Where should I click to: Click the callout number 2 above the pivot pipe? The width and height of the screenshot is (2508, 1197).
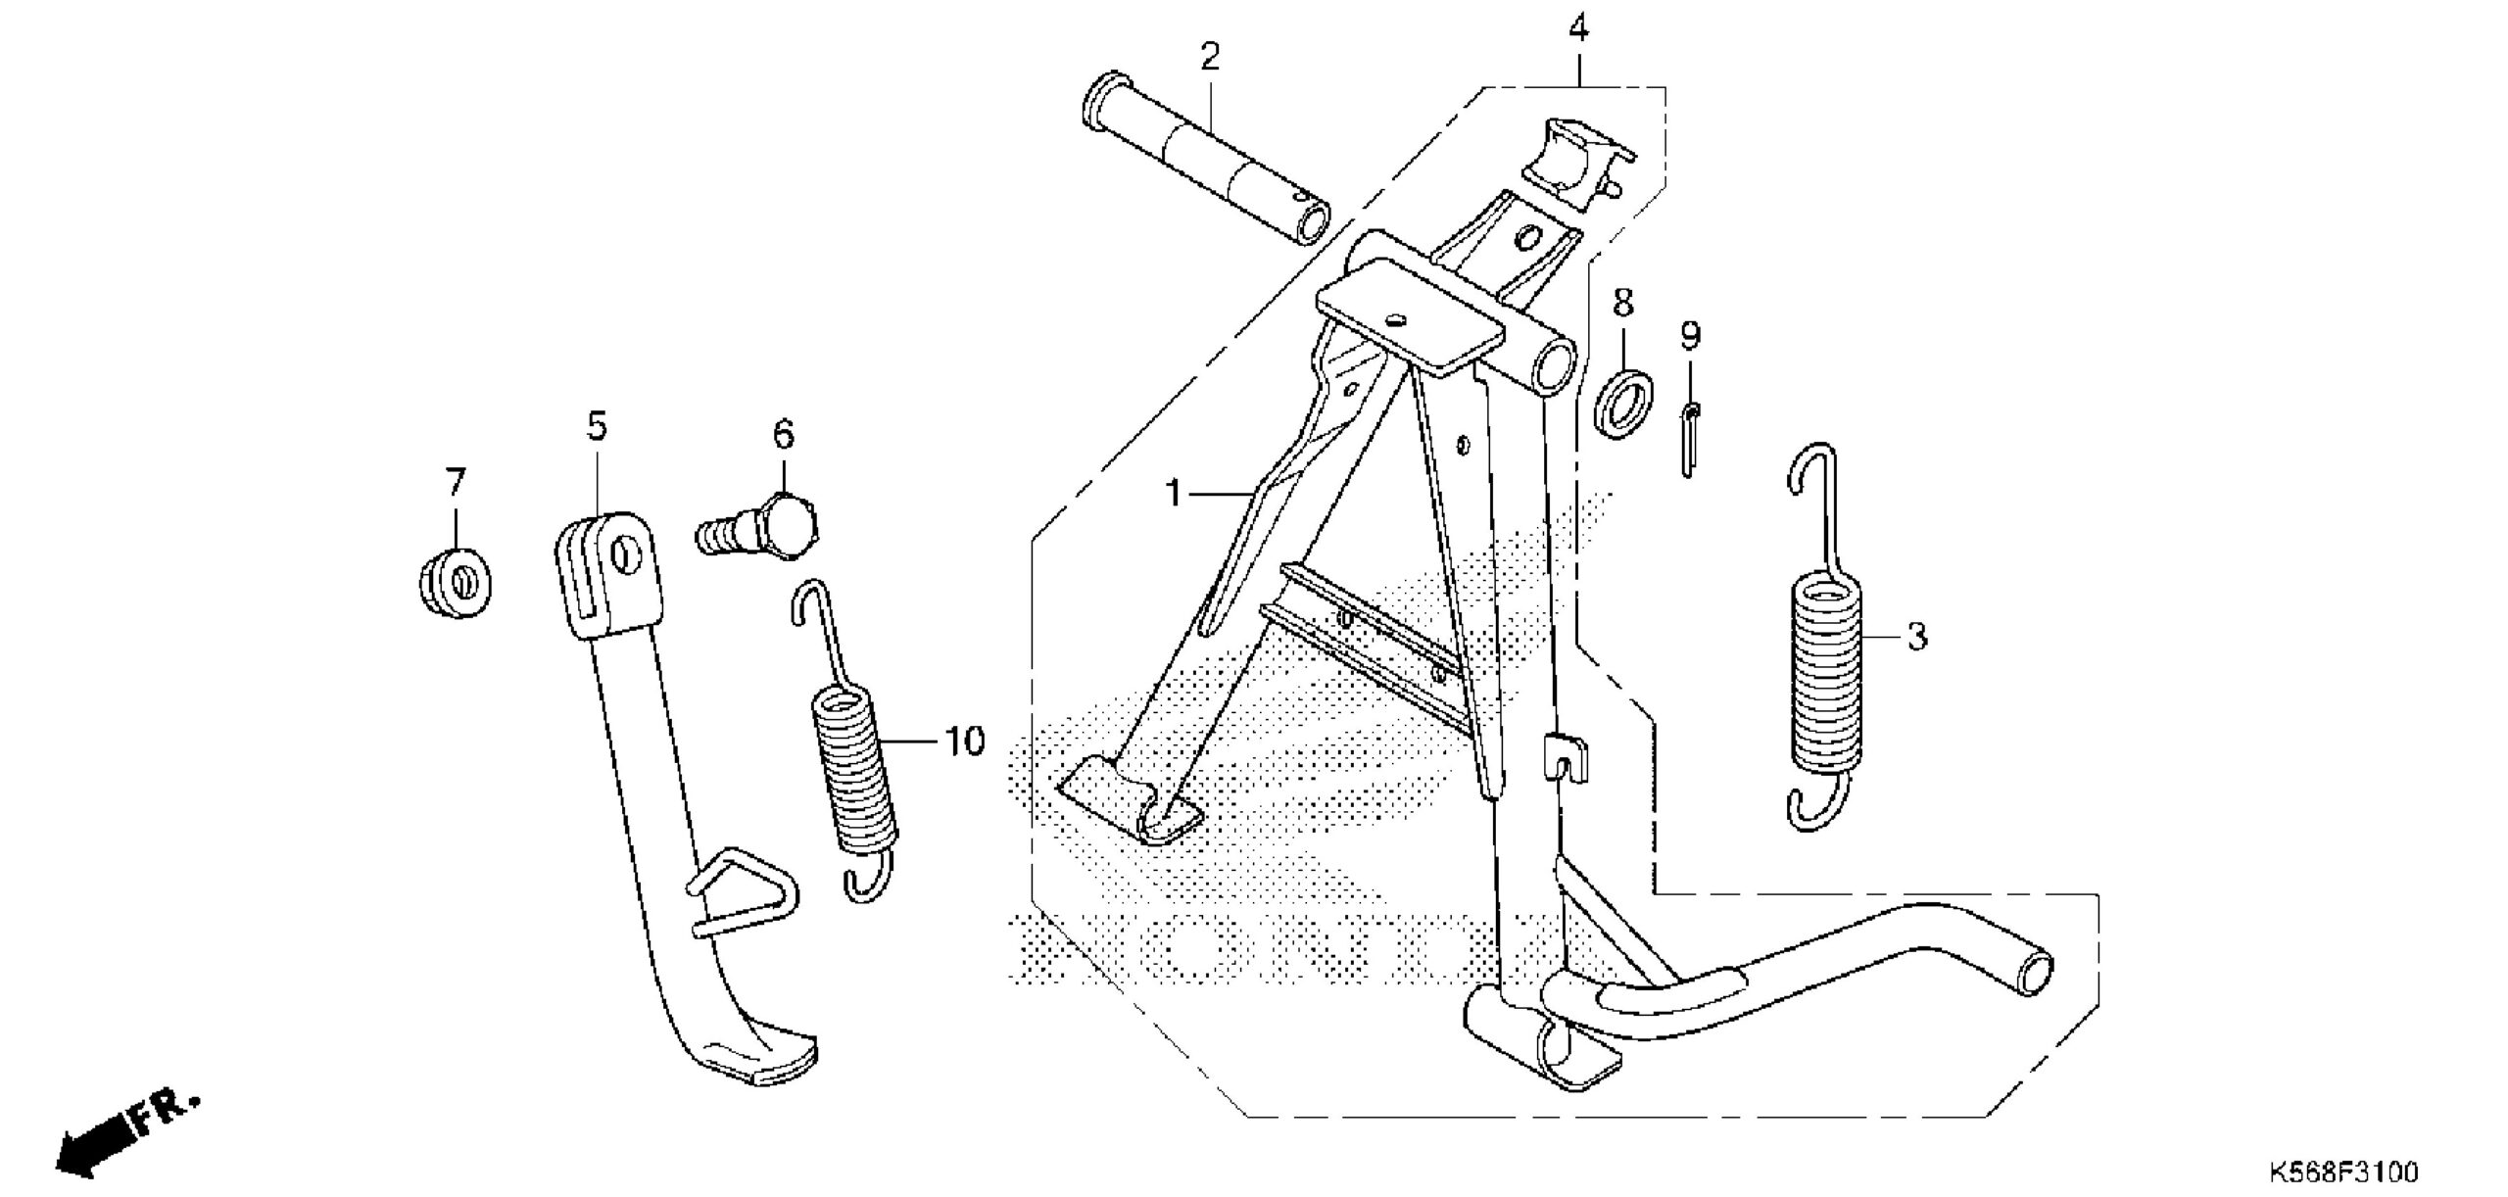[1210, 58]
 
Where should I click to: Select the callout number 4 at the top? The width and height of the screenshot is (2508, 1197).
[1578, 29]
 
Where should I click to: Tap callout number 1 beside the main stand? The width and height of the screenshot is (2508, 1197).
[1174, 494]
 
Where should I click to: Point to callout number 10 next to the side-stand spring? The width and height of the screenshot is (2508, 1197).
[965, 742]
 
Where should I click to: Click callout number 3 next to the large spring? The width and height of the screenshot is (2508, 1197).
[1916, 638]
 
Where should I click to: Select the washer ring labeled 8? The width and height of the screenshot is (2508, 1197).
[1623, 404]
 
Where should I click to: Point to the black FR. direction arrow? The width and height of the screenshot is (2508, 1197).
[98, 1135]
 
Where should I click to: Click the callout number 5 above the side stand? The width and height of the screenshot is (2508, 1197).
[597, 426]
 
